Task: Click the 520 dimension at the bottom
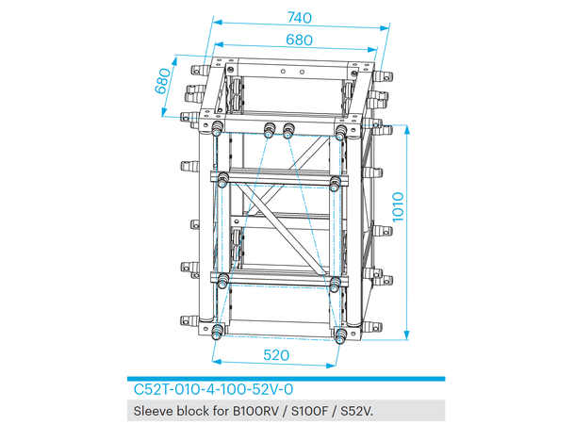[x=276, y=355]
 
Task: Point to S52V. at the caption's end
[x=360, y=411]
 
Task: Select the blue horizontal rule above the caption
[x=287, y=376]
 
